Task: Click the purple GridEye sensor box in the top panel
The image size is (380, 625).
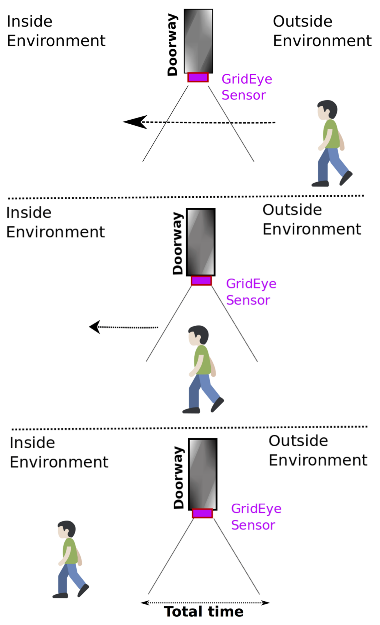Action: pyautogui.click(x=198, y=77)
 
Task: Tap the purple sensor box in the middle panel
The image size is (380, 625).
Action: pyautogui.click(x=201, y=280)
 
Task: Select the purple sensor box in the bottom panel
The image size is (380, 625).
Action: pyautogui.click(x=202, y=513)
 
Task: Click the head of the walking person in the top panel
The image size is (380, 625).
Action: pyautogui.click(x=327, y=110)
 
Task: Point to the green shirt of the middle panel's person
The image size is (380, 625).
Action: pyautogui.click(x=202, y=360)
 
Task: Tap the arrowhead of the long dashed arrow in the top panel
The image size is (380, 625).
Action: pyautogui.click(x=136, y=122)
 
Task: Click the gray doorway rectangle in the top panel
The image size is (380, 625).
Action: pyautogui.click(x=198, y=41)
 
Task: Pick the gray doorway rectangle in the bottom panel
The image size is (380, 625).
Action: pyautogui.click(x=203, y=474)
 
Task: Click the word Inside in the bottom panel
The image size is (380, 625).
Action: pyautogui.click(x=32, y=443)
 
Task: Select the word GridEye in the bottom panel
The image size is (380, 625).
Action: pyautogui.click(x=256, y=509)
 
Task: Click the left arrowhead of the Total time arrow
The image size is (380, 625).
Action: pyautogui.click(x=145, y=603)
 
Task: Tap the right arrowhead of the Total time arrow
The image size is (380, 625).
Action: pyautogui.click(x=265, y=603)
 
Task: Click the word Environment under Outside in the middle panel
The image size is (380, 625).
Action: pyautogui.click(x=312, y=229)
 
